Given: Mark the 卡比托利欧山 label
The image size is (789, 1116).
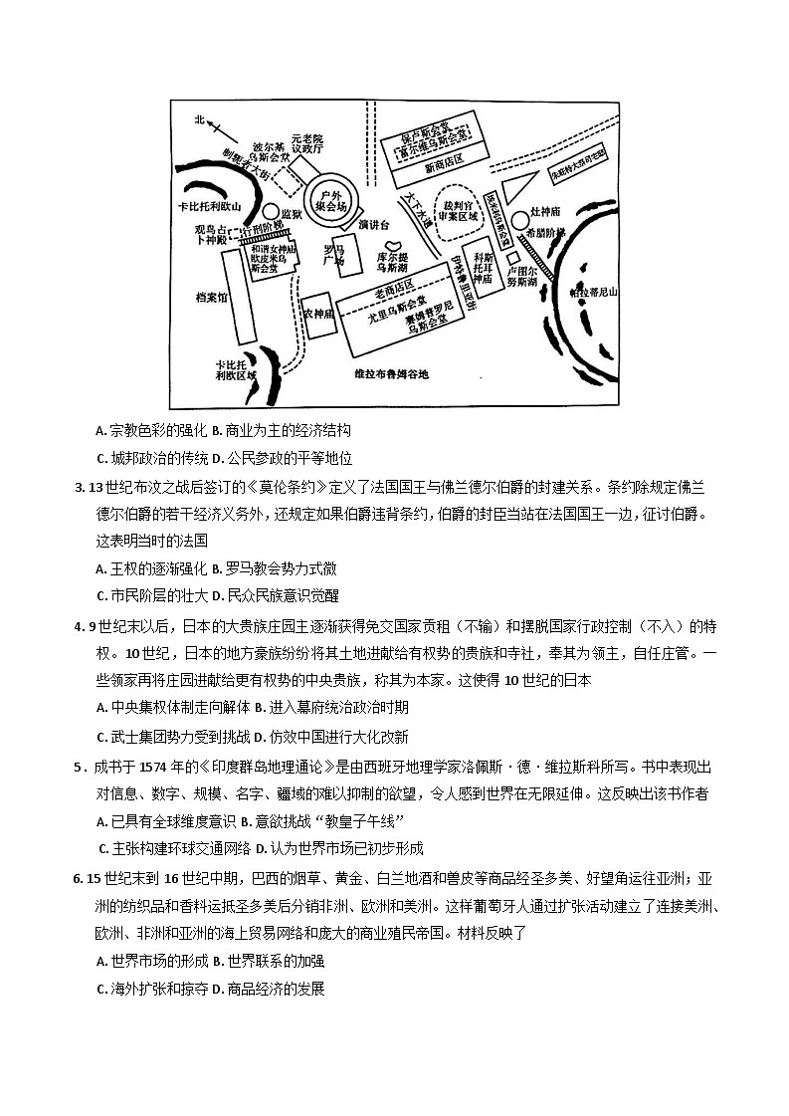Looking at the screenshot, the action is (210, 206).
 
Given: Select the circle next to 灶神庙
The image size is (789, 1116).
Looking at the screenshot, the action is (520, 218).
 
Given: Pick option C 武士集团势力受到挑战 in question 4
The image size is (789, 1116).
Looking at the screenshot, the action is (164, 738).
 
